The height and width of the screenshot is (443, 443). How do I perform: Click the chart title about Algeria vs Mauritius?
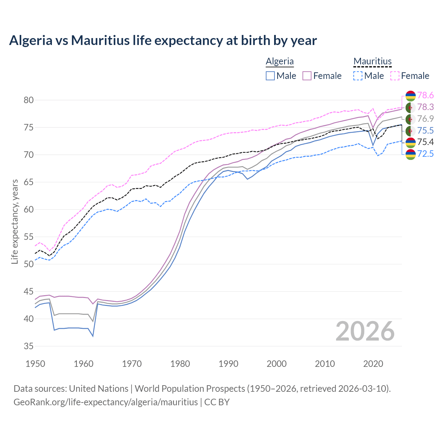(163, 40)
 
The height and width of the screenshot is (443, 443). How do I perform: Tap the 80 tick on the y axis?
(28, 100)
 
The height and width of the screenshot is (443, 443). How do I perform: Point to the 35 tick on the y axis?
(28, 346)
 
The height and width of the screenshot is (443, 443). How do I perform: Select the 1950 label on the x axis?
(35, 364)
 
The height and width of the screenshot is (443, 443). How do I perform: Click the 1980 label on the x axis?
(180, 364)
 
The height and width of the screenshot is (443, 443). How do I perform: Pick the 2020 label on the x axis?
(373, 364)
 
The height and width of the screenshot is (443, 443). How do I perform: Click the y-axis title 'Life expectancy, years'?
(15, 221)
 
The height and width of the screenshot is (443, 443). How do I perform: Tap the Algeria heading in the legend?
(280, 61)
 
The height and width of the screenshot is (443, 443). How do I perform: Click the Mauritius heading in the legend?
(372, 61)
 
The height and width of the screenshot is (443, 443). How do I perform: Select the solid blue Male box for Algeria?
(270, 76)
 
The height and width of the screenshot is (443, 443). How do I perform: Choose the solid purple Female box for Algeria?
(307, 76)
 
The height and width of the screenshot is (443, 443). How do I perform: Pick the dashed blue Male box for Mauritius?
(358, 76)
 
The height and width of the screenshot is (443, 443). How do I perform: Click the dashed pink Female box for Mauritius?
(395, 76)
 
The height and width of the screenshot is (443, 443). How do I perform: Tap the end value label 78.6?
(425, 95)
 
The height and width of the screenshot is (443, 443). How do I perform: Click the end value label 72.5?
(425, 154)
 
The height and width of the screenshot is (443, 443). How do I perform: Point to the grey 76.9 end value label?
(425, 119)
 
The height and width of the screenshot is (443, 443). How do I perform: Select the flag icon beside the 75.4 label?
(410, 142)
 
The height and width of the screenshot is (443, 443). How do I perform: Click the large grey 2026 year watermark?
(365, 331)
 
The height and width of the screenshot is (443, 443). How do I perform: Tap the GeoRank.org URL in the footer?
(106, 402)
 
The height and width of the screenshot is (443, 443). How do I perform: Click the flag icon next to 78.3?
(410, 107)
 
